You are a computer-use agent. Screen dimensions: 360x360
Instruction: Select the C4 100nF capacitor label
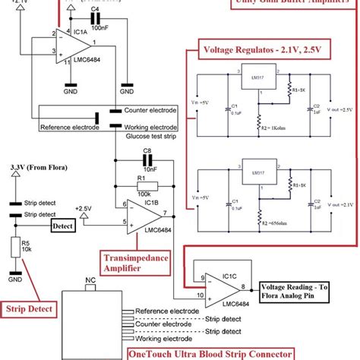pyautogui.click(x=96, y=27)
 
